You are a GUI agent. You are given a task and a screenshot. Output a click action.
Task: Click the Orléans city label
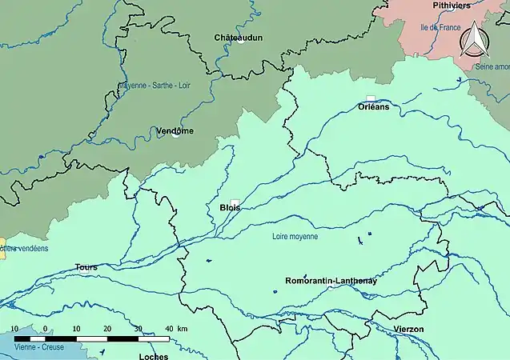click(x=374, y=106)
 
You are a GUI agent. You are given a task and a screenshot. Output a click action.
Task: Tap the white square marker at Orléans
click(x=371, y=98)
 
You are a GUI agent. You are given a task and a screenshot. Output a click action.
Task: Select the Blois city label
click(x=229, y=207)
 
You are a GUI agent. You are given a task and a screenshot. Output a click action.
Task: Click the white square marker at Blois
click(x=235, y=202)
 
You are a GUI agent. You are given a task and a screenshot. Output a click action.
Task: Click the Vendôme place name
click(x=175, y=130)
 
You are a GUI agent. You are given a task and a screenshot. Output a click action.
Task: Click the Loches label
click(x=153, y=356)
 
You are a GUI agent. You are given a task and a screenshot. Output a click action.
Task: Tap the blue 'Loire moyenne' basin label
click(x=295, y=237)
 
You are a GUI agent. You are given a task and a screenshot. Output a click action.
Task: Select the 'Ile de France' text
click(x=440, y=27)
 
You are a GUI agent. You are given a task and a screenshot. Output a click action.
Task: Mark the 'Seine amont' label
click(x=490, y=67)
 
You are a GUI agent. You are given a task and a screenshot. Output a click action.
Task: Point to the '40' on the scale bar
click(x=169, y=329)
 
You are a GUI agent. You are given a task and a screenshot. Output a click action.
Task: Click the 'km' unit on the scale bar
click(x=183, y=329)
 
